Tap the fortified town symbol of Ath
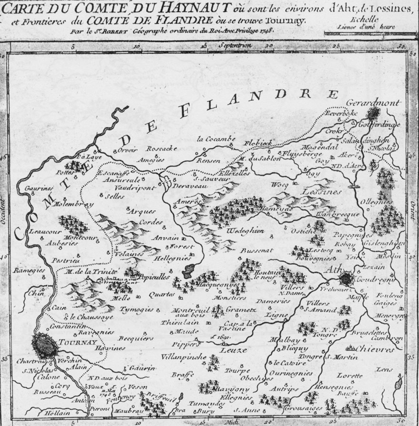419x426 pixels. click(348, 277)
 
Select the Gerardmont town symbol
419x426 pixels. click(374, 114)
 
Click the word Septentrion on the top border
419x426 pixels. click(232, 46)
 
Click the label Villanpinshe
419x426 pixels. click(189, 356)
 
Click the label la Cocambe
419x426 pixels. click(216, 139)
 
